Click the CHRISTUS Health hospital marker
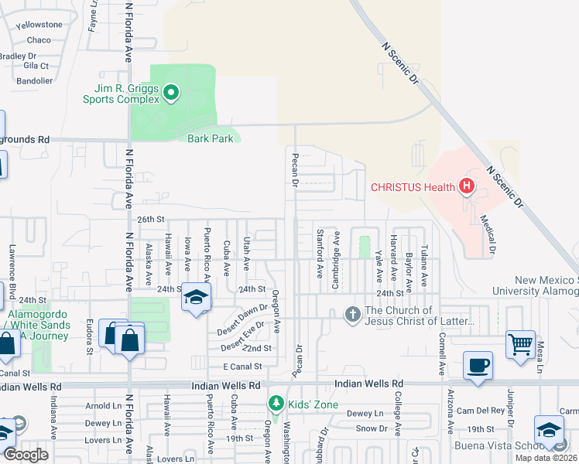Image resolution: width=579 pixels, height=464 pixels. pyautogui.click(x=466, y=186)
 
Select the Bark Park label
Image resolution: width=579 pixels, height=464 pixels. pyautogui.click(x=204, y=139)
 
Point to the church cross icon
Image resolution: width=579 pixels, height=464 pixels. pyautogui.click(x=352, y=314)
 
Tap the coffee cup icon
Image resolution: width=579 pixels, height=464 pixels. pyautogui.click(x=478, y=365)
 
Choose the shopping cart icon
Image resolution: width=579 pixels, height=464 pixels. pyautogui.click(x=519, y=344)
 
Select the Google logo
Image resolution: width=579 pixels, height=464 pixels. pyautogui.click(x=26, y=455)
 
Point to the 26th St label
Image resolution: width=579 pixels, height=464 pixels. pyautogui.click(x=152, y=220)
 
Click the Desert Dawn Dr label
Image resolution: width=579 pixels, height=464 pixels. pyautogui.click(x=242, y=313)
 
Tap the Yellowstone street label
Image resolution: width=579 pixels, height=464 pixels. pyautogui.click(x=39, y=25)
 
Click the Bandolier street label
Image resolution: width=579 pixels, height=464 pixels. pyautogui.click(x=35, y=80)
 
